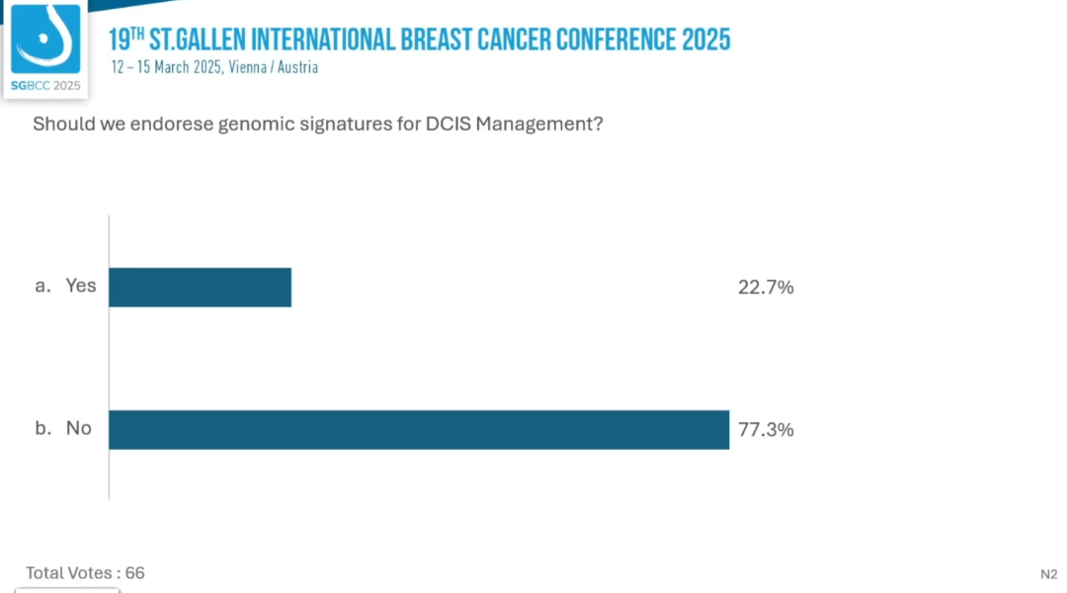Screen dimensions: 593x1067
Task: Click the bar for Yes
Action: [200, 287]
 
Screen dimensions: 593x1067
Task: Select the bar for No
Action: [419, 430]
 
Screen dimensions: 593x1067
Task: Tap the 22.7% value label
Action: [766, 288]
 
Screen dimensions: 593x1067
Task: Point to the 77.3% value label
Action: [766, 430]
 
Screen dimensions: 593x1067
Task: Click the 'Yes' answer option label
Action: [81, 286]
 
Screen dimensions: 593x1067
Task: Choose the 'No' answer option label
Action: [79, 428]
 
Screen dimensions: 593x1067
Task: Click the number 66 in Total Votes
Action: [135, 573]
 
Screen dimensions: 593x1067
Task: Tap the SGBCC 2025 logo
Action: [44, 49]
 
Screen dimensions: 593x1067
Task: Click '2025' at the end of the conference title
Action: [705, 41]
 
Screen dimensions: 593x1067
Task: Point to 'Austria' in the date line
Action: [299, 68]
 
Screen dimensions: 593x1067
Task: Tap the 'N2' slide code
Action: [1048, 574]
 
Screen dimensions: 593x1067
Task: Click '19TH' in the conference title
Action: [125, 41]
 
